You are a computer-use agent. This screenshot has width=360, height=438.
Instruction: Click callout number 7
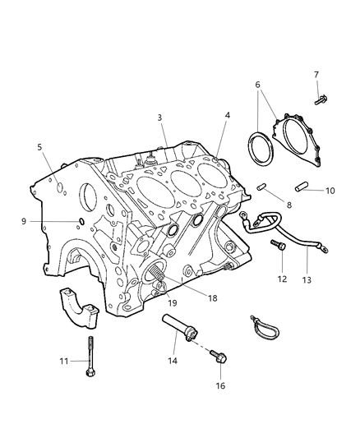[316, 75]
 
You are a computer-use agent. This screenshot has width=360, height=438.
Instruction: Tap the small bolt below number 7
[321, 100]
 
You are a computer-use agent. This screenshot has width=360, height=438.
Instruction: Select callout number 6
[257, 85]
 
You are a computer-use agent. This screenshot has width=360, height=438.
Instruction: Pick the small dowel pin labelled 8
[262, 187]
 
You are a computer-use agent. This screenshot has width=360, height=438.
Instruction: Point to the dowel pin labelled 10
[302, 187]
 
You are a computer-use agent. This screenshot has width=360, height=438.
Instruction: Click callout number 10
[330, 191]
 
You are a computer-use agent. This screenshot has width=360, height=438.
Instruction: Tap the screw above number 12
[279, 246]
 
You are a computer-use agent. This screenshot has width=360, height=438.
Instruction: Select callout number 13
[307, 280]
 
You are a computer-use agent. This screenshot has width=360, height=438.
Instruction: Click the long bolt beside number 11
[90, 356]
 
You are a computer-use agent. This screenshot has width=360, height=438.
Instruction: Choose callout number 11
[64, 362]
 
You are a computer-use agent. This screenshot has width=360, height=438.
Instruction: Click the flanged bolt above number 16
[219, 356]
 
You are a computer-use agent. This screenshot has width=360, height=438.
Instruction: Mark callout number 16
[220, 385]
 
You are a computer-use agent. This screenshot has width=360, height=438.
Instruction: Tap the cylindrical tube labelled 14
[180, 328]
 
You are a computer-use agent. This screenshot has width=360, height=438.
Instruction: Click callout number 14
[173, 361]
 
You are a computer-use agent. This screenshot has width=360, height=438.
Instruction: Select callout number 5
[39, 147]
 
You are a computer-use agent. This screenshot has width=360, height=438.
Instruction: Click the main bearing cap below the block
[79, 308]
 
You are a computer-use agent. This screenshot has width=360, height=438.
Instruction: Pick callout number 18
[213, 298]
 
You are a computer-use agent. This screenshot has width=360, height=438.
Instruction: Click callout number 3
[159, 118]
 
